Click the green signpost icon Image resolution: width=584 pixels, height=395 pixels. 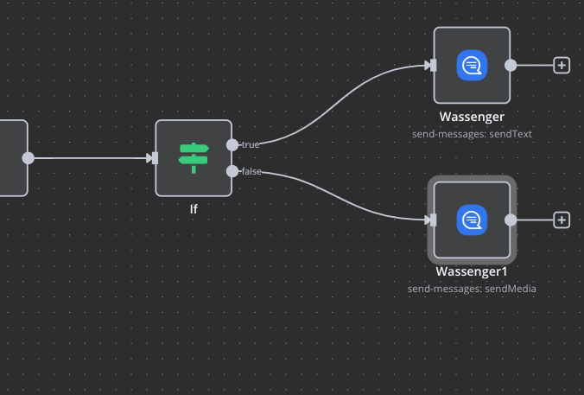coord(194,156)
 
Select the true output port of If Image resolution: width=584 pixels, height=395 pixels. coord(232,144)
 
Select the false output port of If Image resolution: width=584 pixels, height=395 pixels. coord(232,171)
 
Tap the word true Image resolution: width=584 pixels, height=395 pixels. coord(251,144)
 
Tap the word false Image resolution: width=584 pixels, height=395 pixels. coord(251,171)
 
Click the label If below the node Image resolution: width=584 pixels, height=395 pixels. coord(194,208)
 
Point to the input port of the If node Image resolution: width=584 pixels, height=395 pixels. coord(154,157)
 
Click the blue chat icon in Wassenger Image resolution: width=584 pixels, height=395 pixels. coord(472,65)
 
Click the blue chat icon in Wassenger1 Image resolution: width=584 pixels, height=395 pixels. coord(472,220)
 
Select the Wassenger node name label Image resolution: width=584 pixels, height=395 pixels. coord(472,117)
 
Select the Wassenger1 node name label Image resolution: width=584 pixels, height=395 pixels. coord(472,271)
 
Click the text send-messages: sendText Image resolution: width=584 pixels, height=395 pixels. coord(472,134)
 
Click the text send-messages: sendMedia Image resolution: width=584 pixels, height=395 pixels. coord(472,289)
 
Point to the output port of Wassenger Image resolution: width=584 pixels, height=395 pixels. coord(511,65)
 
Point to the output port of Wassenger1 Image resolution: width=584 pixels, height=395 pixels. coord(511,220)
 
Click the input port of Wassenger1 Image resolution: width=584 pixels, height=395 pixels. coord(432,220)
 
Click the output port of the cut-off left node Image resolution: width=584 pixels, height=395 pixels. coord(29,157)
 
